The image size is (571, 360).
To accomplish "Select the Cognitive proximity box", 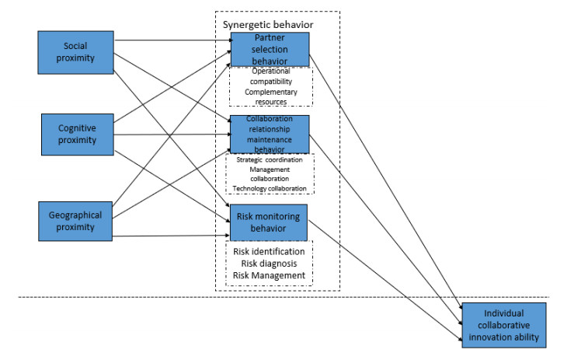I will (x=77, y=134).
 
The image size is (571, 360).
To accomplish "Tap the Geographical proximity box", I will (x=77, y=221).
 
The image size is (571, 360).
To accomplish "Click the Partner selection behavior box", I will (x=270, y=50).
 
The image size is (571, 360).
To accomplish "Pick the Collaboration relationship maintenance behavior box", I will (x=270, y=134).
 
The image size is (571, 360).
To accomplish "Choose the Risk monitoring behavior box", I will (x=270, y=222).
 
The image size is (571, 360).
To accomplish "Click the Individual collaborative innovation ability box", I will (x=504, y=324).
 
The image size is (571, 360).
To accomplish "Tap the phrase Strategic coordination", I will (x=270, y=159).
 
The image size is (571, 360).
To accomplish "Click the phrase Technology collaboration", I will (x=270, y=189).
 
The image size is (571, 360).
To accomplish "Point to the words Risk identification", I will (x=269, y=252).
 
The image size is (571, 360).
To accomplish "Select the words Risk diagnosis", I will (x=269, y=264).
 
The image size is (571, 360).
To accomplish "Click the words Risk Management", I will (x=269, y=275).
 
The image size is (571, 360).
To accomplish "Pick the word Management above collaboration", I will (x=270, y=169).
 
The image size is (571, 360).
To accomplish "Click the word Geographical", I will (x=77, y=215).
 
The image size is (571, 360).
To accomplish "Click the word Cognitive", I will (x=77, y=128).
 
